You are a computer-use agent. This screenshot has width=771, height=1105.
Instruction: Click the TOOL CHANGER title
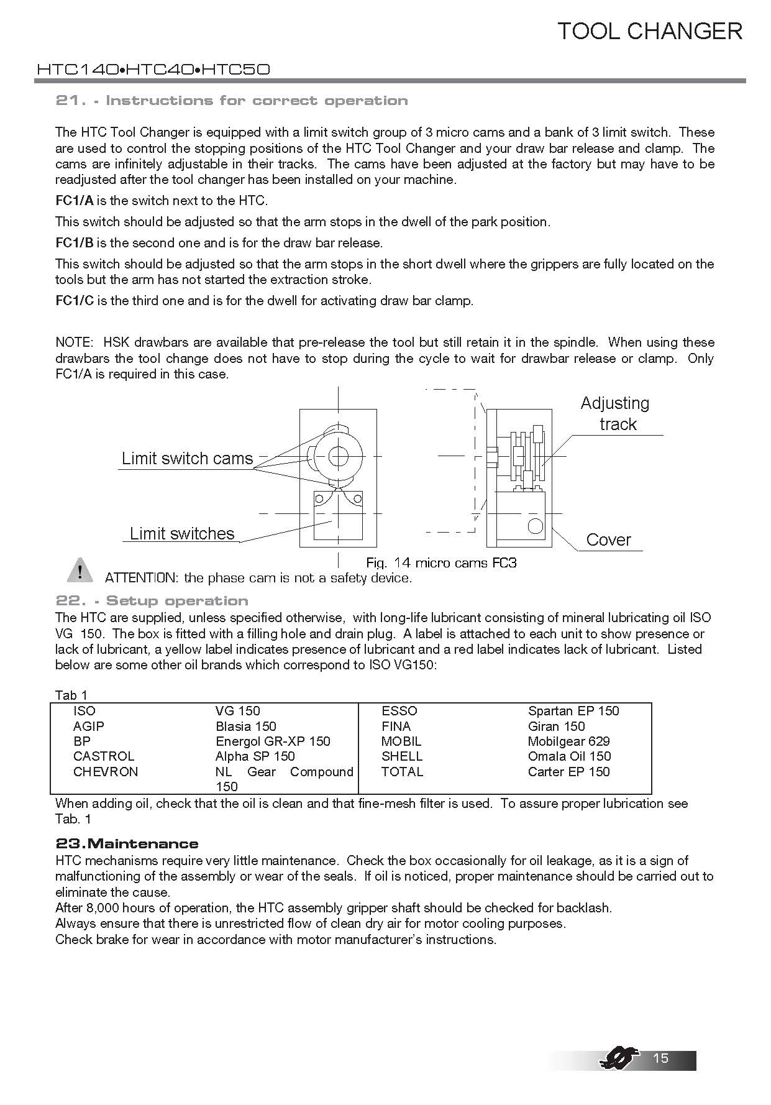pos(649,31)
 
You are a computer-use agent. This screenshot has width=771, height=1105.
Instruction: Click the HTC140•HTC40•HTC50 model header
pos(153,69)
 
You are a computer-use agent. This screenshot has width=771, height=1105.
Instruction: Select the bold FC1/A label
pos(74,201)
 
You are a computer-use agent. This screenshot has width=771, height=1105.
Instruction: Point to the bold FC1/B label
pos(74,243)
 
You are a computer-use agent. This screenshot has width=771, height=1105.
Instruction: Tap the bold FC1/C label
pos(74,301)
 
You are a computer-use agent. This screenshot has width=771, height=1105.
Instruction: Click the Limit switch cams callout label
pos(187,459)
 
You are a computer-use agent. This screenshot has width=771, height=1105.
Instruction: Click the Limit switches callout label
pos(181,534)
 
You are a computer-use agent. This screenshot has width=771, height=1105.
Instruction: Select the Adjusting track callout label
pos(615,414)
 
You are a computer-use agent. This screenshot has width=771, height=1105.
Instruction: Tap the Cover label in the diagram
pos(608,539)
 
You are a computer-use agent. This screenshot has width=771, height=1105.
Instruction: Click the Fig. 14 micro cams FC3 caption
pos(441,563)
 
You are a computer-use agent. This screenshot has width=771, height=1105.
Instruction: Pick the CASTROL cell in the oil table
pos(103,756)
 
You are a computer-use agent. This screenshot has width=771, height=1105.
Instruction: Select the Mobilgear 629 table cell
pos(568,741)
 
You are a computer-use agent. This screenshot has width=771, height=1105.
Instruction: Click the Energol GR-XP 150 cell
pos(273,741)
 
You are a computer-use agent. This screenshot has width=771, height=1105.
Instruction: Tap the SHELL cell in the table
pos(401,756)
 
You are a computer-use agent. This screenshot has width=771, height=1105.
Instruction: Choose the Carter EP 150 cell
pos(568,772)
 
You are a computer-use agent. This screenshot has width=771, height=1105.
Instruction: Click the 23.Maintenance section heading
pos(127,843)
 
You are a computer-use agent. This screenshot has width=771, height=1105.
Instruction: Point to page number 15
pos(660,1058)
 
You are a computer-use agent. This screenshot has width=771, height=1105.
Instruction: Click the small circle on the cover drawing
pos(535,526)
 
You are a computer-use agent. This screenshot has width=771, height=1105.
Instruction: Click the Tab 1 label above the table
pos(71,695)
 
